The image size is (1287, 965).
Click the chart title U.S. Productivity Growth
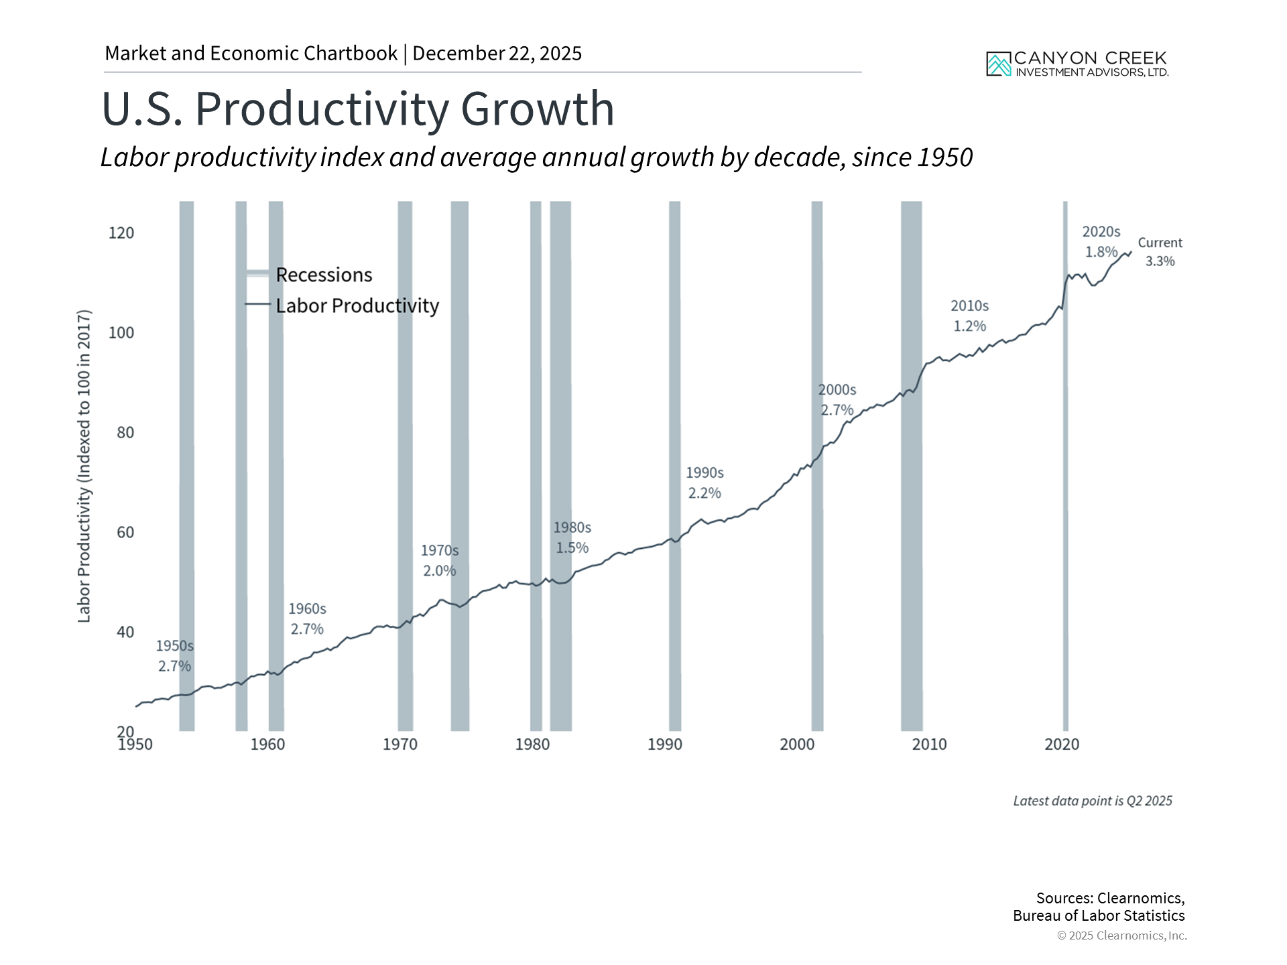pos(358,109)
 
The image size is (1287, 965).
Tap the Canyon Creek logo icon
pos(998,64)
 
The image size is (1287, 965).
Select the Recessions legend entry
pos(324,275)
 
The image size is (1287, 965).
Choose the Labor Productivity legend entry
pos(357,306)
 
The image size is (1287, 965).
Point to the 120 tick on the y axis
pos(121,233)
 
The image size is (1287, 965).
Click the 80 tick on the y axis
pos(125,433)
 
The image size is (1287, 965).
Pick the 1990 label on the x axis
pos(664,745)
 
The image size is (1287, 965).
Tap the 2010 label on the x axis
pos(929,745)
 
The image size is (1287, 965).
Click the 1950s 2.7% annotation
pos(174,656)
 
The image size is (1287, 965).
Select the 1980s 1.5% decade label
pos(572,538)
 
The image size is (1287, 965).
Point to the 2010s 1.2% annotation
pos(969,316)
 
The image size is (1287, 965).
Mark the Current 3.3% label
pos(1160,252)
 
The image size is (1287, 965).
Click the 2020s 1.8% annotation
pos(1101,242)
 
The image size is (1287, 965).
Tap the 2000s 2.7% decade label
pos(837,400)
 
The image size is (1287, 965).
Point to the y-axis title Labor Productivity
pos(84,466)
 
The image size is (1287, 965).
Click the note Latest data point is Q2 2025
pos(1092,801)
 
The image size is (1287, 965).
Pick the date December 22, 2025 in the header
pos(497,54)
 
